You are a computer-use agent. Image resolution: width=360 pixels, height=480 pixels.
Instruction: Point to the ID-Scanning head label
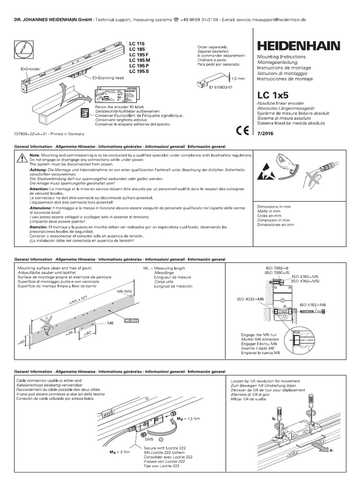[x=108, y=78]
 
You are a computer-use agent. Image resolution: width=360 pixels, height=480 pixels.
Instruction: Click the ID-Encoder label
[x=30, y=68]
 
